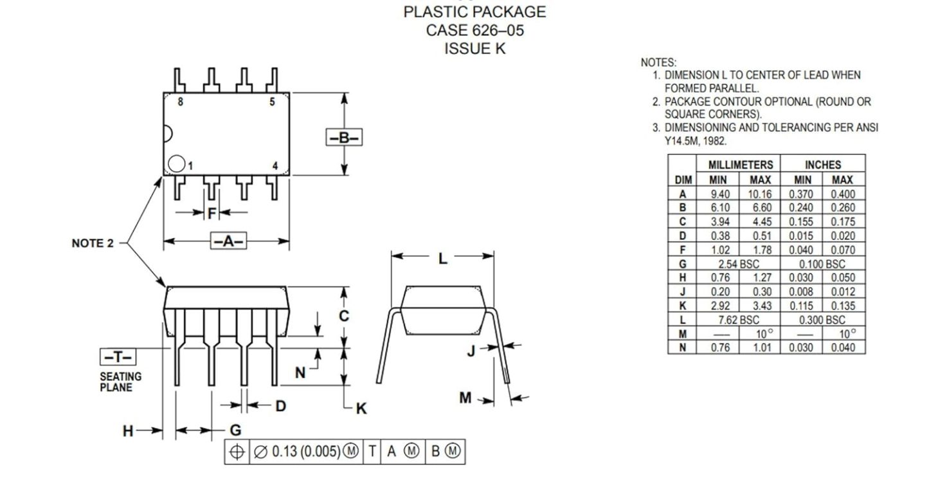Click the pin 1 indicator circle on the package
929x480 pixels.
tap(176, 163)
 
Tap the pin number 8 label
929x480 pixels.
tap(181, 102)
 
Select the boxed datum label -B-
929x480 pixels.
tap(344, 138)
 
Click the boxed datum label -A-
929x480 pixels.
tap(228, 241)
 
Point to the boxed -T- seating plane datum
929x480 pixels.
tap(118, 356)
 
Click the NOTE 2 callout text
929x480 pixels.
tap(93, 243)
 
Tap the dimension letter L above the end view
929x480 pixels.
tap(443, 259)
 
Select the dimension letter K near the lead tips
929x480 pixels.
tap(361, 409)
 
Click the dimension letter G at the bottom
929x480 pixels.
tap(235, 430)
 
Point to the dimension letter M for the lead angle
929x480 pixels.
tap(465, 398)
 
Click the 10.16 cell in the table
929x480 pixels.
tap(760, 194)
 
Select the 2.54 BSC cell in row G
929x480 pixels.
tap(739, 264)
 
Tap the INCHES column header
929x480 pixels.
tap(823, 165)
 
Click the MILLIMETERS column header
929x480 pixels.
tap(741, 165)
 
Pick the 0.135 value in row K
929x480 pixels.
tap(843, 306)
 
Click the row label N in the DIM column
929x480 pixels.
tap(682, 348)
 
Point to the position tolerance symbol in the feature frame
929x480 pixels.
tap(237, 452)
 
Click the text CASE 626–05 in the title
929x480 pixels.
tap(475, 30)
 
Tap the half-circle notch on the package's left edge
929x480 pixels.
tap(168, 134)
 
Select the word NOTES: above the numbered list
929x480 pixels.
tap(658, 62)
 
